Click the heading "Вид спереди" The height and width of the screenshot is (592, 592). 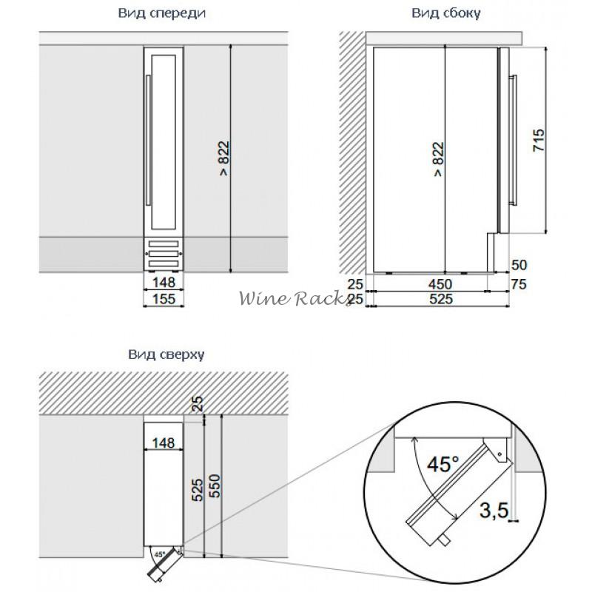point(161,13)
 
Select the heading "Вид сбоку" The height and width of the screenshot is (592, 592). point(446,13)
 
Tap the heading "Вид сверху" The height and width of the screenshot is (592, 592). point(166,354)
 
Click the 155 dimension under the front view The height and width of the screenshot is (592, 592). point(164,299)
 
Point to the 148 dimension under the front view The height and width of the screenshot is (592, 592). point(164,283)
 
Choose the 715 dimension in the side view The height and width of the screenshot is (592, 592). point(539,141)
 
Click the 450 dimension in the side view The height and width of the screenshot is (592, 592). point(440,284)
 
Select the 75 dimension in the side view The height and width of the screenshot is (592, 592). point(519,284)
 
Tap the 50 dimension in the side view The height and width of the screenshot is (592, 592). point(519,265)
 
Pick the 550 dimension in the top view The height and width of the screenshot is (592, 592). point(214,486)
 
